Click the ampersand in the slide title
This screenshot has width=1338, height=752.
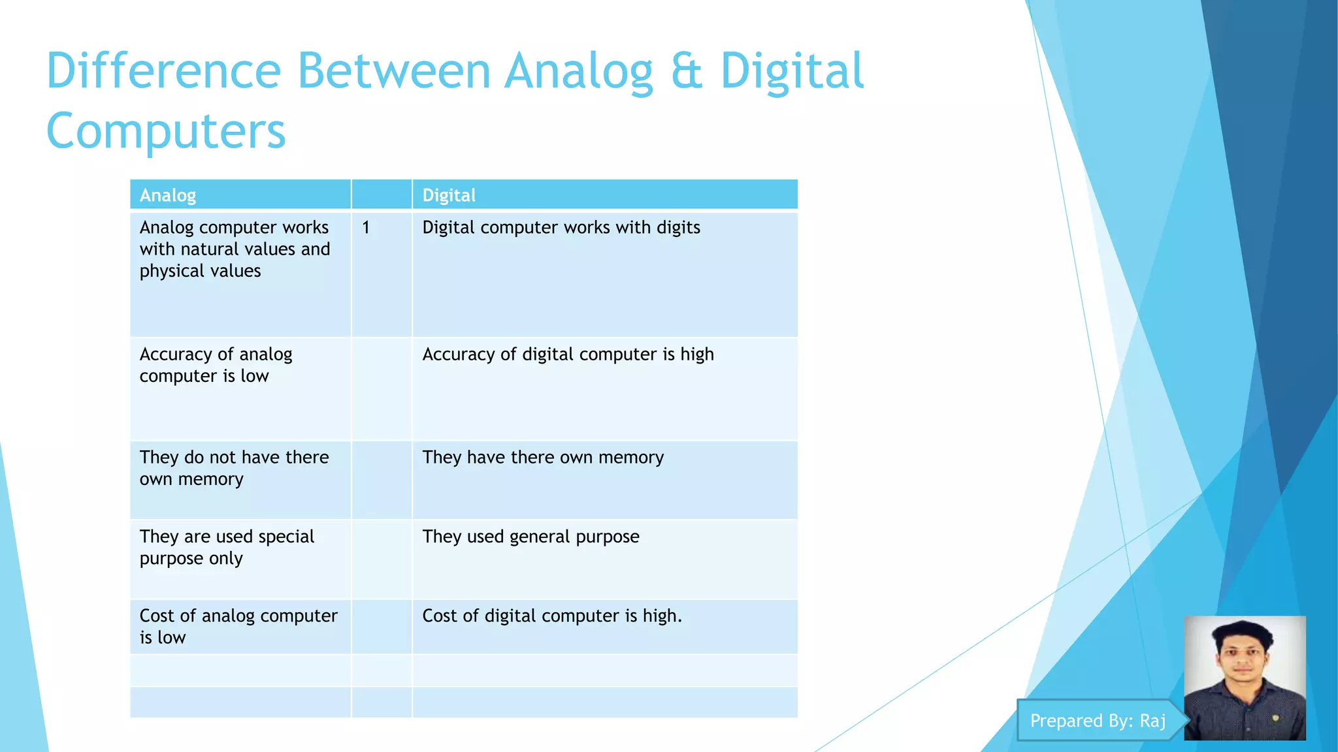tap(686, 72)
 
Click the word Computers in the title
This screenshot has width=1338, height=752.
tap(166, 131)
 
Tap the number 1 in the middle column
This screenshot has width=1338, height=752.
tap(366, 228)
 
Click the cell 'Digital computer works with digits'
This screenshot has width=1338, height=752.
tap(561, 228)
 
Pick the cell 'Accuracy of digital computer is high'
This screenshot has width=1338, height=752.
tap(568, 354)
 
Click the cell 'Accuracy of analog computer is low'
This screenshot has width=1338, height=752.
tap(216, 365)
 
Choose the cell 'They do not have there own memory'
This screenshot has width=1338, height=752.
tap(233, 468)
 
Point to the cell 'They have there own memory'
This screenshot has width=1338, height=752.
tap(542, 458)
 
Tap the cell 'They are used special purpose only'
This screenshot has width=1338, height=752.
tap(226, 547)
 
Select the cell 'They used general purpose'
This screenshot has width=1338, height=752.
tap(530, 537)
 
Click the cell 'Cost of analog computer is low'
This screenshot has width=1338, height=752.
tap(238, 626)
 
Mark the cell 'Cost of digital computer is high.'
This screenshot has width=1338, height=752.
tap(551, 616)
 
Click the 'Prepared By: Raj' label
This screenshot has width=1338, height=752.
tap(1098, 721)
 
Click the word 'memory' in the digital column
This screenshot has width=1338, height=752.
tap(630, 458)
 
